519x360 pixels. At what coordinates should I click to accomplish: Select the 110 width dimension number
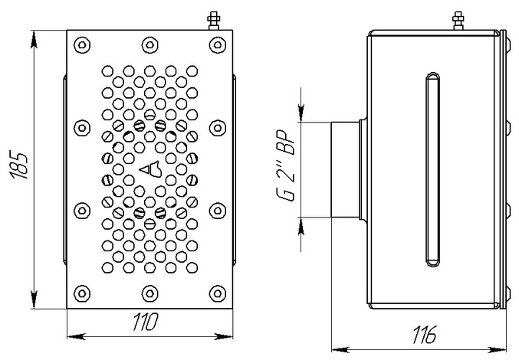(146, 322)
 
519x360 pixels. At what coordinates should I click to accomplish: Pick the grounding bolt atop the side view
(458, 18)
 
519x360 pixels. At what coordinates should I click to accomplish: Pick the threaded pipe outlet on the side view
(346, 169)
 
